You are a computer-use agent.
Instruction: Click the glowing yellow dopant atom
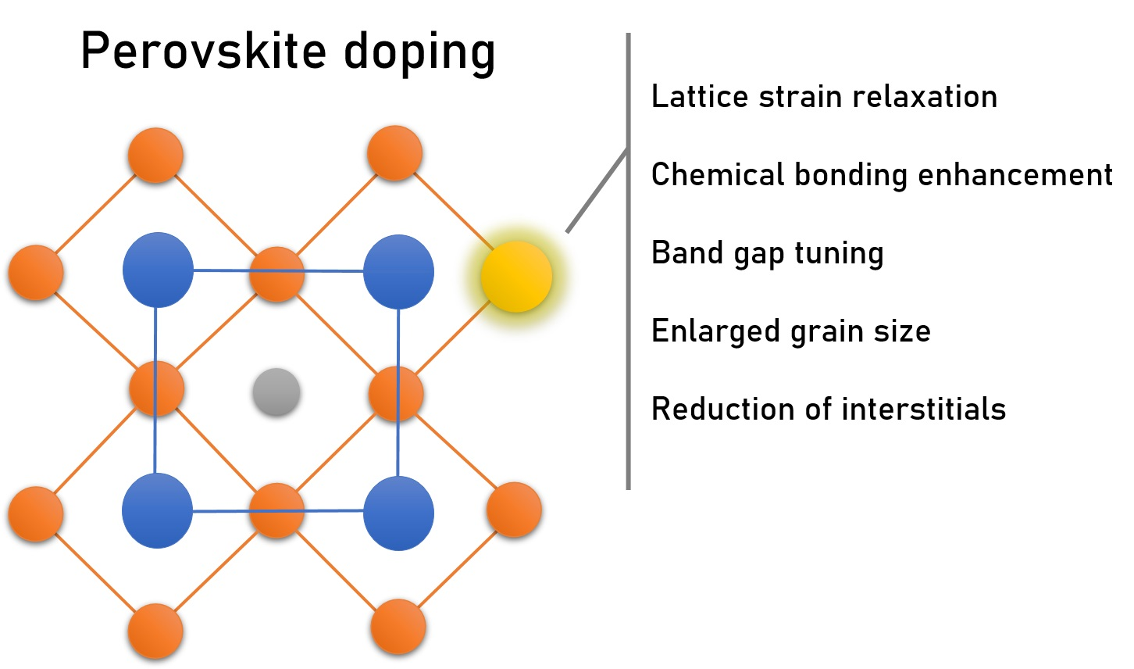coord(516,276)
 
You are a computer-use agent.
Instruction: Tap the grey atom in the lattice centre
coord(276,392)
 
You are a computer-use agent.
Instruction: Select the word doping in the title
coord(419,53)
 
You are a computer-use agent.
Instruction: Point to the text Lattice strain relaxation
coord(824,97)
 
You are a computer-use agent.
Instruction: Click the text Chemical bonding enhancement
coord(882,175)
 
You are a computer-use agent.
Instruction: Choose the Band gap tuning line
coord(767,253)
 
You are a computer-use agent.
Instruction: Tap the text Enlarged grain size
coord(790,331)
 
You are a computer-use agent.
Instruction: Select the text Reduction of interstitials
coord(828,409)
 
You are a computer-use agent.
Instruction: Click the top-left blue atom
coord(158,270)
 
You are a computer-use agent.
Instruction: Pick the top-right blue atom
coord(398,271)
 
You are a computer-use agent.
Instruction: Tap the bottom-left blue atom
coord(157,510)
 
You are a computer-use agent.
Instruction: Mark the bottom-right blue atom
coord(398,513)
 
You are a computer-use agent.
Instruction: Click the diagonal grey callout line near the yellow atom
coord(597,191)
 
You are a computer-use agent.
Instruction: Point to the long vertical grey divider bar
coord(628,313)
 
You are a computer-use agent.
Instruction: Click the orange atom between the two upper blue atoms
coord(276,274)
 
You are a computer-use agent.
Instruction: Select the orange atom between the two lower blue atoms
coord(276,510)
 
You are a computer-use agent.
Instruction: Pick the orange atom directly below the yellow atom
coord(514,510)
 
